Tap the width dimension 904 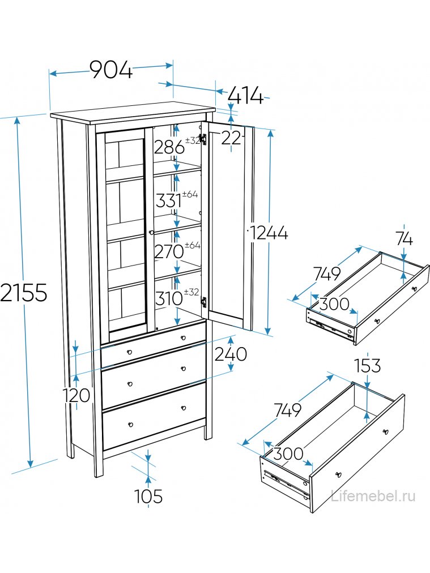(111, 70)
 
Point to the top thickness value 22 (231, 137)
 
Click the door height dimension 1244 (269, 232)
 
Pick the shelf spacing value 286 (169, 147)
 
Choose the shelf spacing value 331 (169, 200)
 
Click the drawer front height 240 (230, 354)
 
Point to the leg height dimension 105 (148, 497)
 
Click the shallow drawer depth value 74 (405, 239)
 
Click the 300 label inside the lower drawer (288, 454)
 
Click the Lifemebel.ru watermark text (373, 497)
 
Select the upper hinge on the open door (210, 140)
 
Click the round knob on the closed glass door (151, 232)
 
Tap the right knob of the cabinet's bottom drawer (184, 408)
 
